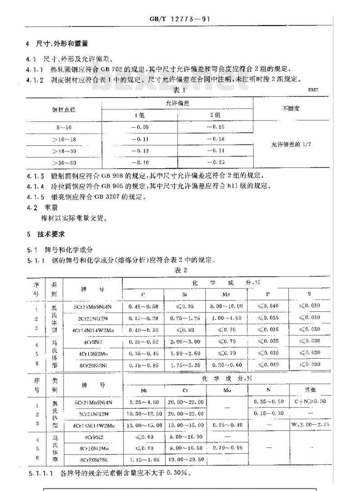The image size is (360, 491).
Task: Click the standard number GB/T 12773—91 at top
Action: [180, 19]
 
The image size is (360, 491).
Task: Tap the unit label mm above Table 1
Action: [313, 89]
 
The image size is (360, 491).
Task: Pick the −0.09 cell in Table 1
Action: [139, 127]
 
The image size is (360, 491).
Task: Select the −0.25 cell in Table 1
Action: [215, 162]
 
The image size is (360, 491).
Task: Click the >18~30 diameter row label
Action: [64, 151]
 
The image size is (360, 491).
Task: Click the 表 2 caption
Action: [180, 270]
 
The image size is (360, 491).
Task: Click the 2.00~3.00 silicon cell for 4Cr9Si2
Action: [184, 342]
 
